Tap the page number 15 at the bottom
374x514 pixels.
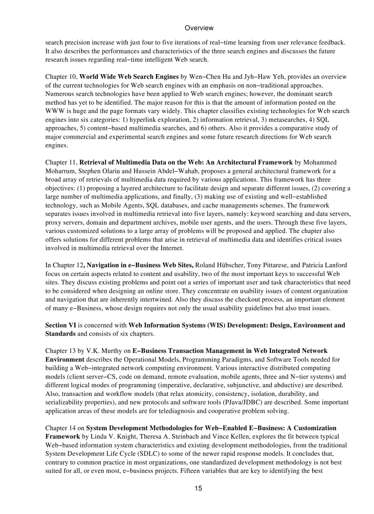pyautogui.click(x=198, y=488)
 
